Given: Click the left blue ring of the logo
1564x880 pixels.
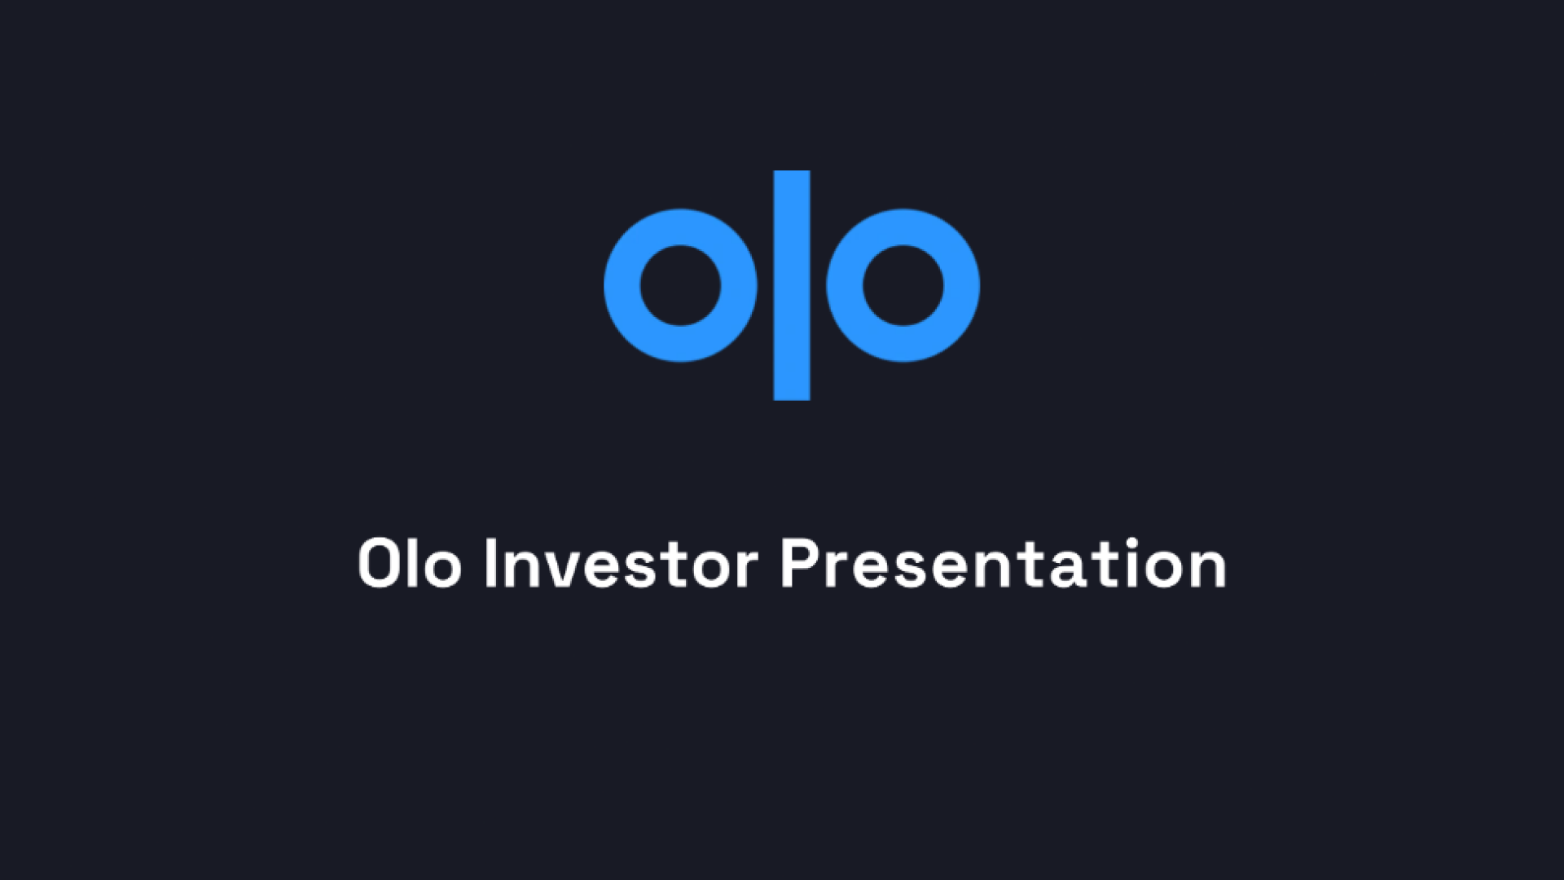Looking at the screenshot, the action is pos(622,285).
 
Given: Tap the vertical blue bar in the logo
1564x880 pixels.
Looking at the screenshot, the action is pos(792,285).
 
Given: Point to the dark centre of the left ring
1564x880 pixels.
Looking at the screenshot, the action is pos(681,285).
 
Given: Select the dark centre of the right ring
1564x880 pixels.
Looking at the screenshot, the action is pos(903,285).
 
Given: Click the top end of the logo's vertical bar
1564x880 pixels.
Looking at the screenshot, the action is pos(792,171).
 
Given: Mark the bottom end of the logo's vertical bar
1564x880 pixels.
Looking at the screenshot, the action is pos(792,400).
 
